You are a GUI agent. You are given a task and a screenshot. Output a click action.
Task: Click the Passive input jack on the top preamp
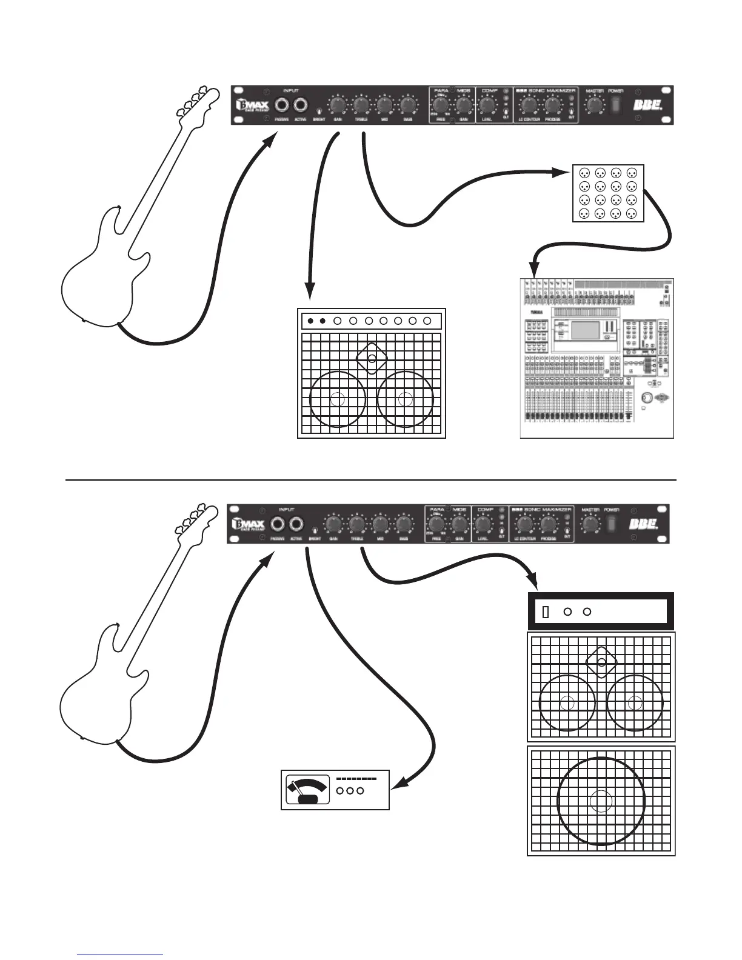click(282, 105)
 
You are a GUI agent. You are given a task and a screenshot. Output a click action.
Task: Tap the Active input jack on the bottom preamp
click(296, 524)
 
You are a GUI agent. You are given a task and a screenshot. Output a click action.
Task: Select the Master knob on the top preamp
click(595, 105)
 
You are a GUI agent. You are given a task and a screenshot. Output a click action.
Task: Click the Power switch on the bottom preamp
click(613, 522)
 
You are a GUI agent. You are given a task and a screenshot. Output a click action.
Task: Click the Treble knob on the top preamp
click(361, 105)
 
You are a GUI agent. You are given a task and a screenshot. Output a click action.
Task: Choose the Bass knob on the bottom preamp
click(403, 524)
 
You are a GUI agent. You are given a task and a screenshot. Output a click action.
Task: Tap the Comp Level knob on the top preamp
click(487, 105)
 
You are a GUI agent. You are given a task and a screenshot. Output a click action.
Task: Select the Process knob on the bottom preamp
click(547, 524)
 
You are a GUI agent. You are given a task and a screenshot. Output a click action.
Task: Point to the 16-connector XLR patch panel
click(608, 193)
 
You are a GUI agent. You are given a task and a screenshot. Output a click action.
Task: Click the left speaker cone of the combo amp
click(338, 399)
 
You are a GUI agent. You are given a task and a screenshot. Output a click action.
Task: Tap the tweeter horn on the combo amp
click(372, 358)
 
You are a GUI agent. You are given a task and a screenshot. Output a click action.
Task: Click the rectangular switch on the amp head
click(544, 612)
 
